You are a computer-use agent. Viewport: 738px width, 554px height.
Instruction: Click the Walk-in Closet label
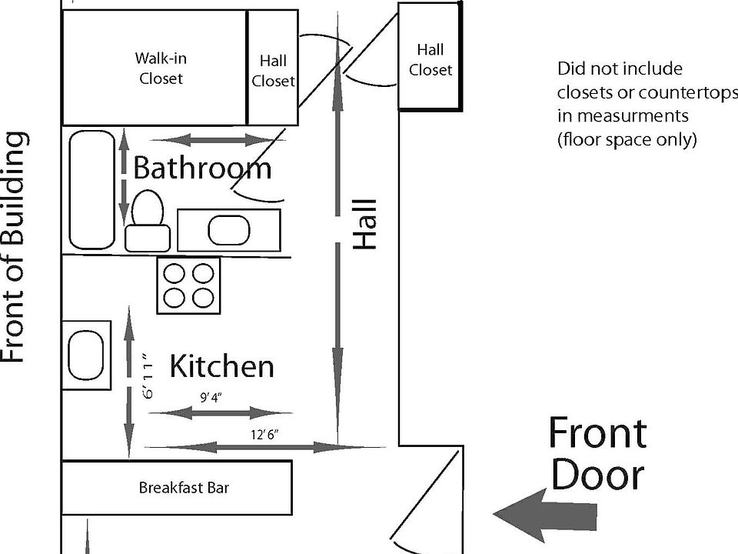[161, 68]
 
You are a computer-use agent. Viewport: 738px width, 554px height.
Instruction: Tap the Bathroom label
[202, 168]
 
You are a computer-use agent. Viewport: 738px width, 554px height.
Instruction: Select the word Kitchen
[221, 366]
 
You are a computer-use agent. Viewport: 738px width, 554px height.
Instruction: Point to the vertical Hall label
[366, 225]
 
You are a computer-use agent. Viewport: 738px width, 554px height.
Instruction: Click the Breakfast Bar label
[184, 487]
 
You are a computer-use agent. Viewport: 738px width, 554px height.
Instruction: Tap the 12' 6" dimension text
[264, 435]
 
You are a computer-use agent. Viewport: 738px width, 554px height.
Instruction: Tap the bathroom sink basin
[228, 230]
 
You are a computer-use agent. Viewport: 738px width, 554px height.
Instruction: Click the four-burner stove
[189, 285]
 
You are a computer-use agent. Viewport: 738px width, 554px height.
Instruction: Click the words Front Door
[597, 454]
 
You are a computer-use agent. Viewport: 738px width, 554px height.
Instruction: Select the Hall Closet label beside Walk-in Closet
[273, 70]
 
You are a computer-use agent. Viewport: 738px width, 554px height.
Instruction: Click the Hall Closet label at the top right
[430, 60]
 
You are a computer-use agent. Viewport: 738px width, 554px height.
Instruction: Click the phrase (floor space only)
[627, 140]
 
